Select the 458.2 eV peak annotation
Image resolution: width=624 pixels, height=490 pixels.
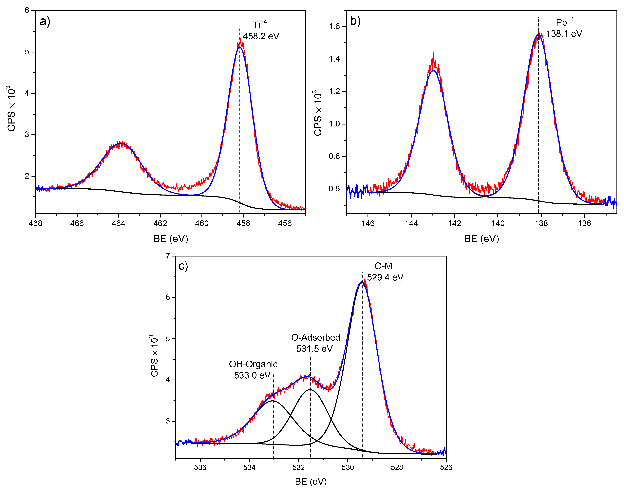coord(261,36)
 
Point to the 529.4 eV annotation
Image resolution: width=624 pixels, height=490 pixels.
coord(385,277)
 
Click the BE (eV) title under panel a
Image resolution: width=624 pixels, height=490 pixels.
coord(171,239)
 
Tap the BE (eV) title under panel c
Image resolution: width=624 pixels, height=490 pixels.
coord(311,482)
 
